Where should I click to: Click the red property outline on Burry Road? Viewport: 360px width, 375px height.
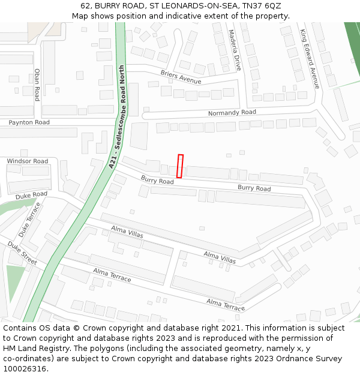179,166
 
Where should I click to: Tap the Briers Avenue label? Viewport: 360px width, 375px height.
181,76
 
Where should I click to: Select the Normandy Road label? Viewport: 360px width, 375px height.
232,113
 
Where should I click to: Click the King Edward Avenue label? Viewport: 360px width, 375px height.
310,59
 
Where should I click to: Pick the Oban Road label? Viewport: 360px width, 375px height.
37,85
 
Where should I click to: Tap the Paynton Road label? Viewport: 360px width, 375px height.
29,122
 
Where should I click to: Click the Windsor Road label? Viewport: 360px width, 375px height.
28,161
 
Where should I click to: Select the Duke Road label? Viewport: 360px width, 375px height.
31,195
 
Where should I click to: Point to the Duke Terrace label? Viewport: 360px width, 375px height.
30,219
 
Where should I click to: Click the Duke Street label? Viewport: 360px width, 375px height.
22,253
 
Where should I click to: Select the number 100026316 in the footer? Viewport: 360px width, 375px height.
25,369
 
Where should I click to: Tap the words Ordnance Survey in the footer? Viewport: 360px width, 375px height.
309,359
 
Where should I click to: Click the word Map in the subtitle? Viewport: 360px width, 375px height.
81,16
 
